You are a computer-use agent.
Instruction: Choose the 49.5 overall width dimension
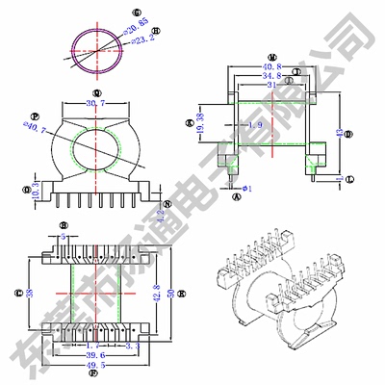(93, 366)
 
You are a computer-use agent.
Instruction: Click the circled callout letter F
(93, 376)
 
